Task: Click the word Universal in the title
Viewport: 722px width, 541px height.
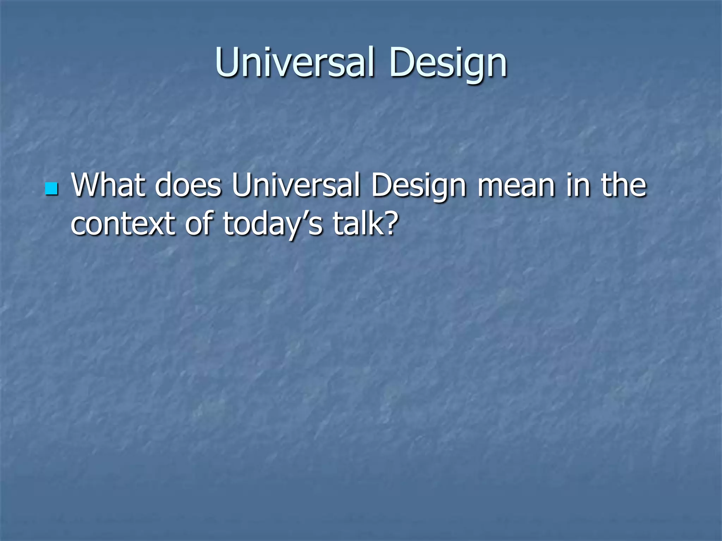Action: [294, 63]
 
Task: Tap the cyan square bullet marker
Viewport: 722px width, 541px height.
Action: [51, 189]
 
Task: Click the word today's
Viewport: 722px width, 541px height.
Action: [272, 224]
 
